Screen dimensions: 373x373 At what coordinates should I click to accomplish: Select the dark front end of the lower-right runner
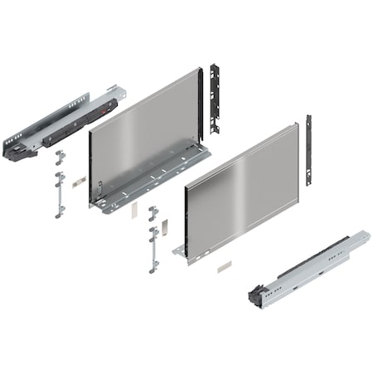point(259,296)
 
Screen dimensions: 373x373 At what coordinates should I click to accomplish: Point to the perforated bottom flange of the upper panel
point(157,178)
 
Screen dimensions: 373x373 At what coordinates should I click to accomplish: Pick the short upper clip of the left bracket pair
point(59,157)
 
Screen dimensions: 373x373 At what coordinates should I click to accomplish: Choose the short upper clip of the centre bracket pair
point(153,213)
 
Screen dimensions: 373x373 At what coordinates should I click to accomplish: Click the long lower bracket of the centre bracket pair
point(153,248)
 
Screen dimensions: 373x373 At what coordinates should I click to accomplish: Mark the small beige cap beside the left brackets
point(77,181)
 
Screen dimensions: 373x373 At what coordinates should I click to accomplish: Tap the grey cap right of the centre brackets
point(165,226)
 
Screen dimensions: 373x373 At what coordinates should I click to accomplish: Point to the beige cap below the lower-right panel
point(224,267)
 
